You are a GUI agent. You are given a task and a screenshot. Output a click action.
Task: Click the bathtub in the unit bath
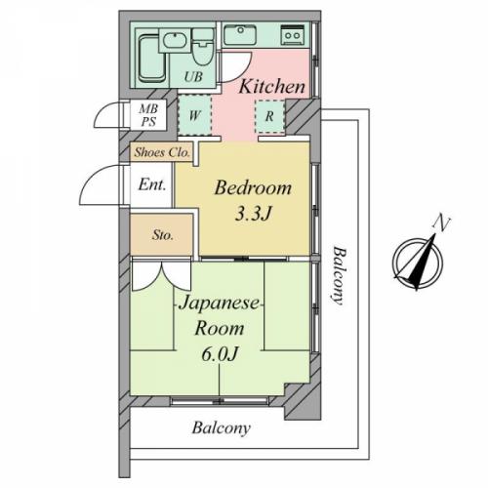coord(151,59)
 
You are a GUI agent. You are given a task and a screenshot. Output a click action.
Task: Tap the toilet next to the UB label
coord(202,48)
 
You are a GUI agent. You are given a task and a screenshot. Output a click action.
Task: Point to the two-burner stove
coord(293,34)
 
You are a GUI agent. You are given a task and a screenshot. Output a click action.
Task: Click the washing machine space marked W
coord(194,115)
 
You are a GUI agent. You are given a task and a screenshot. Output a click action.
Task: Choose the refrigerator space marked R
coord(269,116)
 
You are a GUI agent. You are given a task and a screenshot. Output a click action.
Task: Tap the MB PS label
coord(148,115)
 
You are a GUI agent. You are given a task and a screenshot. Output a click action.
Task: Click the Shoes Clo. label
coord(162,152)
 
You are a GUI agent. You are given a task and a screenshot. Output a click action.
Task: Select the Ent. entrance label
coord(152,185)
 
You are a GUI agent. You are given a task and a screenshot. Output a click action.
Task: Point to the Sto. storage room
coord(162,234)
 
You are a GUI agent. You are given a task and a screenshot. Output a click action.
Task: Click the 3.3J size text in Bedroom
coord(253,214)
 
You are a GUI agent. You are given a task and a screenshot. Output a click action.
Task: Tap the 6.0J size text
coord(221,353)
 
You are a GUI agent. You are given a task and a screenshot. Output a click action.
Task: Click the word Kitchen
coord(272,87)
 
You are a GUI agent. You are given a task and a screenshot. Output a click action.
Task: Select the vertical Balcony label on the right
coord(339,275)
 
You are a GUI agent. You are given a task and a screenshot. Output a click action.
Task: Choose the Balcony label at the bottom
coord(222,428)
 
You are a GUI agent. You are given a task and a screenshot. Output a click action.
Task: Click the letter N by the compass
coord(441,223)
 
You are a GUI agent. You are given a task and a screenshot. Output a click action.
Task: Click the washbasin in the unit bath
coord(175,41)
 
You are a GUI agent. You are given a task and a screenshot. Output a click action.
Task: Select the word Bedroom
coord(253,187)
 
